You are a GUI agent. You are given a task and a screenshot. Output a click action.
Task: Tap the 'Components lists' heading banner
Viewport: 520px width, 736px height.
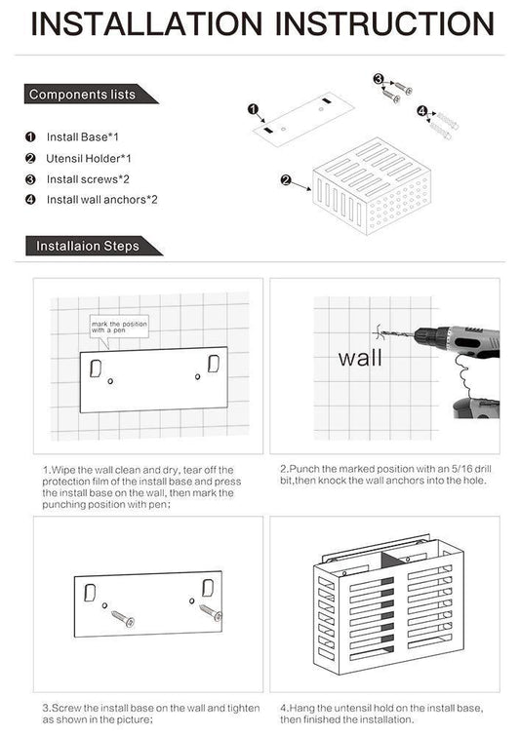coord(82,95)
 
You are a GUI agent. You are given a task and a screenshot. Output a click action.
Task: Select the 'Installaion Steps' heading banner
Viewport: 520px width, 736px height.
coord(88,246)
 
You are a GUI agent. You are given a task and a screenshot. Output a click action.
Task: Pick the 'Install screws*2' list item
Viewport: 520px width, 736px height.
coord(88,178)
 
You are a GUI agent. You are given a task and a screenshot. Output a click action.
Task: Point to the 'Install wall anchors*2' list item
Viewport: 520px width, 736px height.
coord(101,199)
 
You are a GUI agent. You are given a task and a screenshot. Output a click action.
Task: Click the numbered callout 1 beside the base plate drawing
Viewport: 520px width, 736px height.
coord(253,109)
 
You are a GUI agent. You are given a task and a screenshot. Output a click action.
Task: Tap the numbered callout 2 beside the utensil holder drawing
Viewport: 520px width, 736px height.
coord(285,179)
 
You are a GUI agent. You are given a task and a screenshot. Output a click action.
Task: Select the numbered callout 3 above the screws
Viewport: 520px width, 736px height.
coord(378,78)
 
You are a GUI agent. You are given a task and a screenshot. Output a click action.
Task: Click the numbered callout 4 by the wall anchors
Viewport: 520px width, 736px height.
coord(422,110)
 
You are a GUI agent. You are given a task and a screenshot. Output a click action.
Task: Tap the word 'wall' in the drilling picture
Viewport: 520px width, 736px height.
coord(360,358)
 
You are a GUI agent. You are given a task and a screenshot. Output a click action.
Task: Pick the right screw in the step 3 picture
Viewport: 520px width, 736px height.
coord(212,613)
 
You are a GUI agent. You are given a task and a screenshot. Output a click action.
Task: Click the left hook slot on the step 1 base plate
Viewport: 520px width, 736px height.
coord(96,367)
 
